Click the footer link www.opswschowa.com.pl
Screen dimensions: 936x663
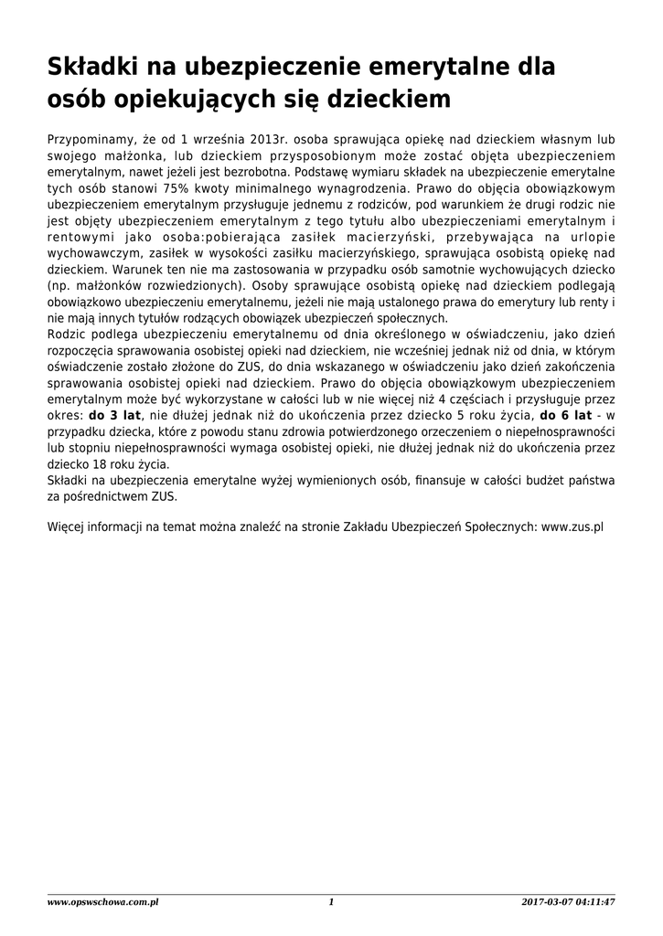pyautogui.click(x=103, y=903)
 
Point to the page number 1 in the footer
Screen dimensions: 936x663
pyautogui.click(x=331, y=903)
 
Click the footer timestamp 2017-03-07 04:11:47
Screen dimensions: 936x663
pyautogui.click(x=568, y=903)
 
